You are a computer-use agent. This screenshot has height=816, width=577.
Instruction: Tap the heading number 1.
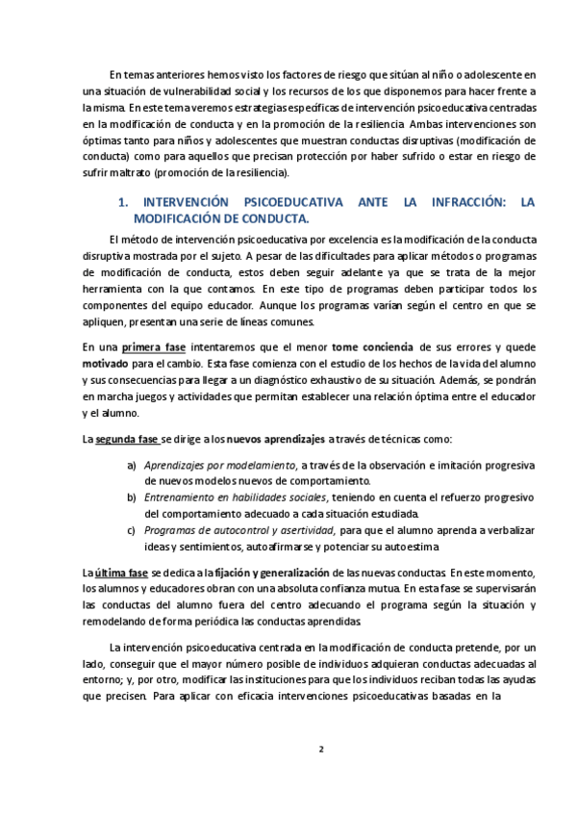click(x=121, y=203)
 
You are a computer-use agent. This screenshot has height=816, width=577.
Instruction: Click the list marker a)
click(x=132, y=465)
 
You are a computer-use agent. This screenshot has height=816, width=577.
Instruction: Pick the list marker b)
click(x=132, y=497)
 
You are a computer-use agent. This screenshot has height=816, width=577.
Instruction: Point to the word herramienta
click(x=113, y=273)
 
